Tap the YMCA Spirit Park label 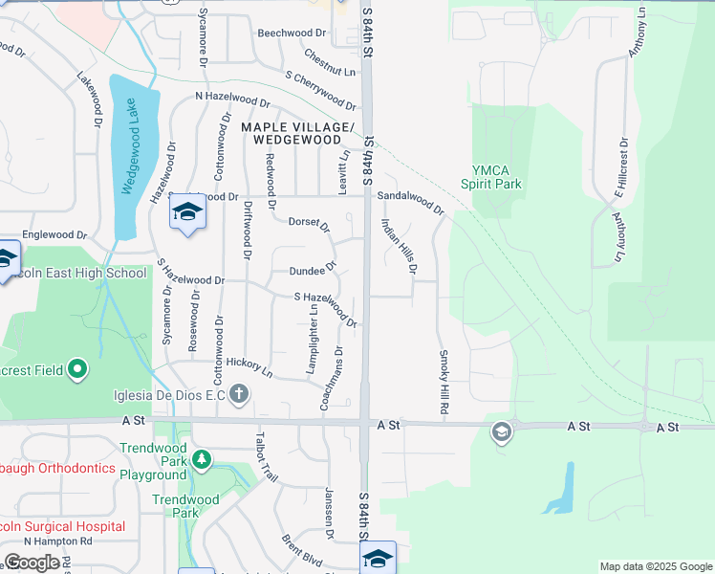(491, 176)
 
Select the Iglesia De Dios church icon (239, 393)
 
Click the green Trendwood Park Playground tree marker (201, 461)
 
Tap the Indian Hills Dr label (399, 246)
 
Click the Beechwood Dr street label (292, 33)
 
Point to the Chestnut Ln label (330, 62)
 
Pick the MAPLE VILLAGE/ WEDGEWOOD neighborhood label (297, 133)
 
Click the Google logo (32, 563)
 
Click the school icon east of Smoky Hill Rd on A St (500, 432)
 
